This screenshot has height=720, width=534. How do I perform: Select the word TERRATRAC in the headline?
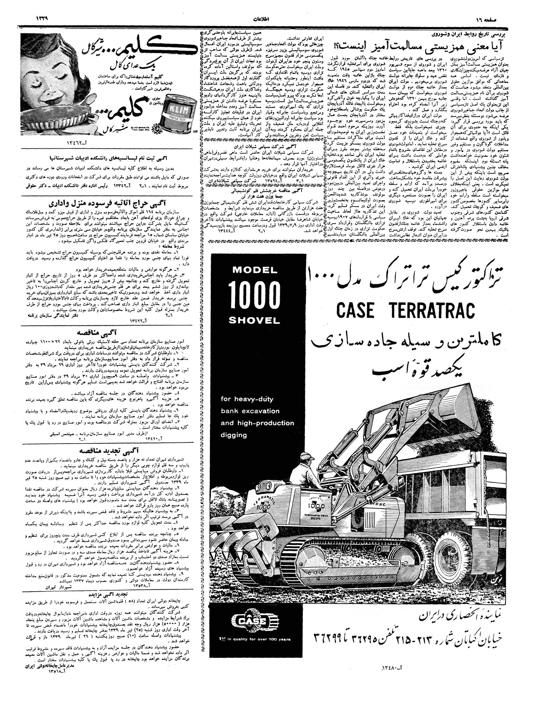432,310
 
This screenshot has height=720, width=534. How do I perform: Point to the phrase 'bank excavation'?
250,411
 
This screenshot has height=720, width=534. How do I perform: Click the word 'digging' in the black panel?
234,435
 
